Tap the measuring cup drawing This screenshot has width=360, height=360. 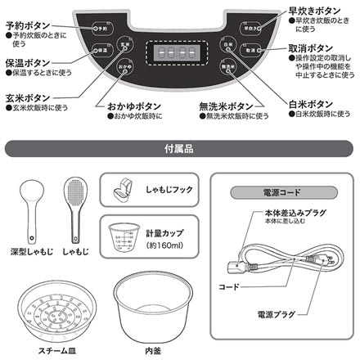[122, 237]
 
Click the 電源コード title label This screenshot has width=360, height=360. [271, 194]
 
